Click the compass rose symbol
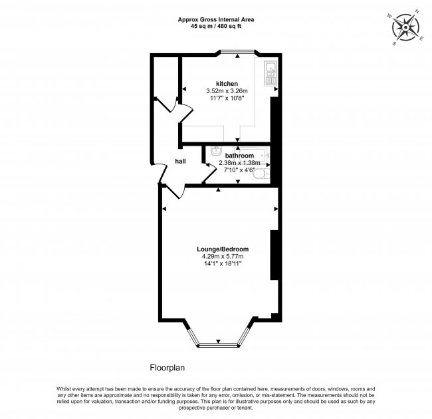(405, 27)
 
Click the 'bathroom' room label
(239, 155)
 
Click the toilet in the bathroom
(265, 174)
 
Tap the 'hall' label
(180, 161)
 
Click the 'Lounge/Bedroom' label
(217, 249)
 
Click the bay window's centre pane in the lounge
(217, 344)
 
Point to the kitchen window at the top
(237, 53)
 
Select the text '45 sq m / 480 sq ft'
(215, 27)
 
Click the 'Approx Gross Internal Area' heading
(215, 20)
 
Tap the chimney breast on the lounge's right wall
(272, 255)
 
